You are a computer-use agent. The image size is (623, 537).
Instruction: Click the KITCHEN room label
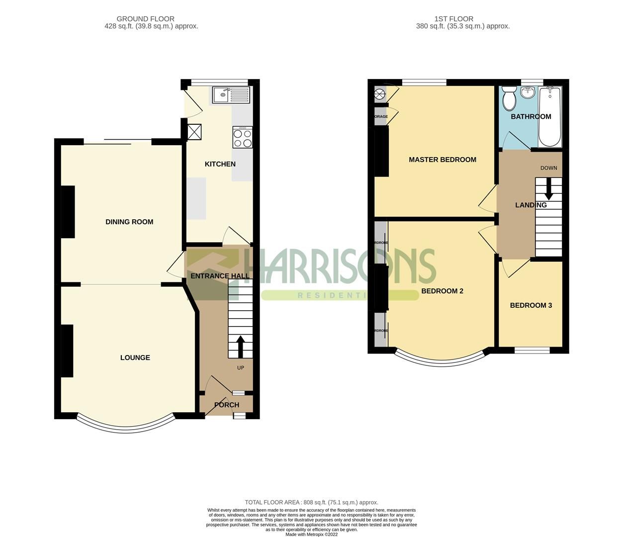tap(220, 164)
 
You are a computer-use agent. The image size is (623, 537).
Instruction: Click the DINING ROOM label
tap(129, 222)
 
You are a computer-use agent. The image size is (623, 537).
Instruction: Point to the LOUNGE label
tap(135, 358)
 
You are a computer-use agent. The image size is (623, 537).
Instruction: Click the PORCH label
tap(227, 405)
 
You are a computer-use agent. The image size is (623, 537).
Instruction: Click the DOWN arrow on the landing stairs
tap(548, 189)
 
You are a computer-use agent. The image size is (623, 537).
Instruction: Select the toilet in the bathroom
tap(509, 98)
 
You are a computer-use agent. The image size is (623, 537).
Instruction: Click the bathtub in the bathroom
tap(549, 117)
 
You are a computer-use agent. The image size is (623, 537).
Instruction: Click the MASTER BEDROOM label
tap(442, 160)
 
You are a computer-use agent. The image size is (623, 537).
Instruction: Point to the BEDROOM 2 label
tap(442, 291)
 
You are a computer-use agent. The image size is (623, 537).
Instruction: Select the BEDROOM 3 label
tap(531, 305)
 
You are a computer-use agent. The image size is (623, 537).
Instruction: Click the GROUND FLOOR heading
tap(146, 19)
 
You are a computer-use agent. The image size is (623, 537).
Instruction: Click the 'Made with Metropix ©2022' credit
tap(311, 535)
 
